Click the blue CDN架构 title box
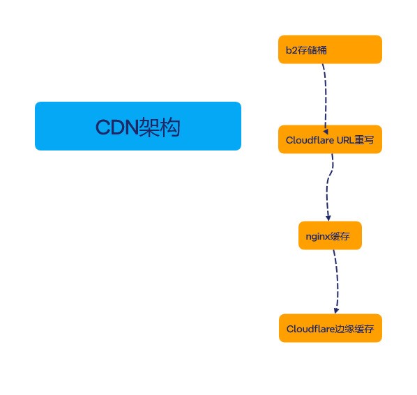pyautogui.click(x=138, y=126)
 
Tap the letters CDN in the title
pyautogui.click(x=117, y=127)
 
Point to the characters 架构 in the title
pyautogui.click(x=160, y=127)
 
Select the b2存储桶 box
pyautogui.click(x=330, y=49)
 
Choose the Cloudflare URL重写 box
pyautogui.click(x=330, y=139)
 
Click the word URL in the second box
pyautogui.click(x=345, y=140)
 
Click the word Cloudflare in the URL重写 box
pyautogui.click(x=310, y=140)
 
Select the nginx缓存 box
pyautogui.click(x=330, y=235)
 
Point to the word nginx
pyautogui.click(x=317, y=236)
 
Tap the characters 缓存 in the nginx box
pyautogui.click(x=340, y=236)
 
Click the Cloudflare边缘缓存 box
pyautogui.click(x=331, y=328)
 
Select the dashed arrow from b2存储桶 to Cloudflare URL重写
pyautogui.click(x=326, y=98)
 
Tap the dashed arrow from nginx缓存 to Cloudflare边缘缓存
pyautogui.click(x=338, y=281)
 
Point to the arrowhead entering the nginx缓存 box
pyautogui.click(x=328, y=218)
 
